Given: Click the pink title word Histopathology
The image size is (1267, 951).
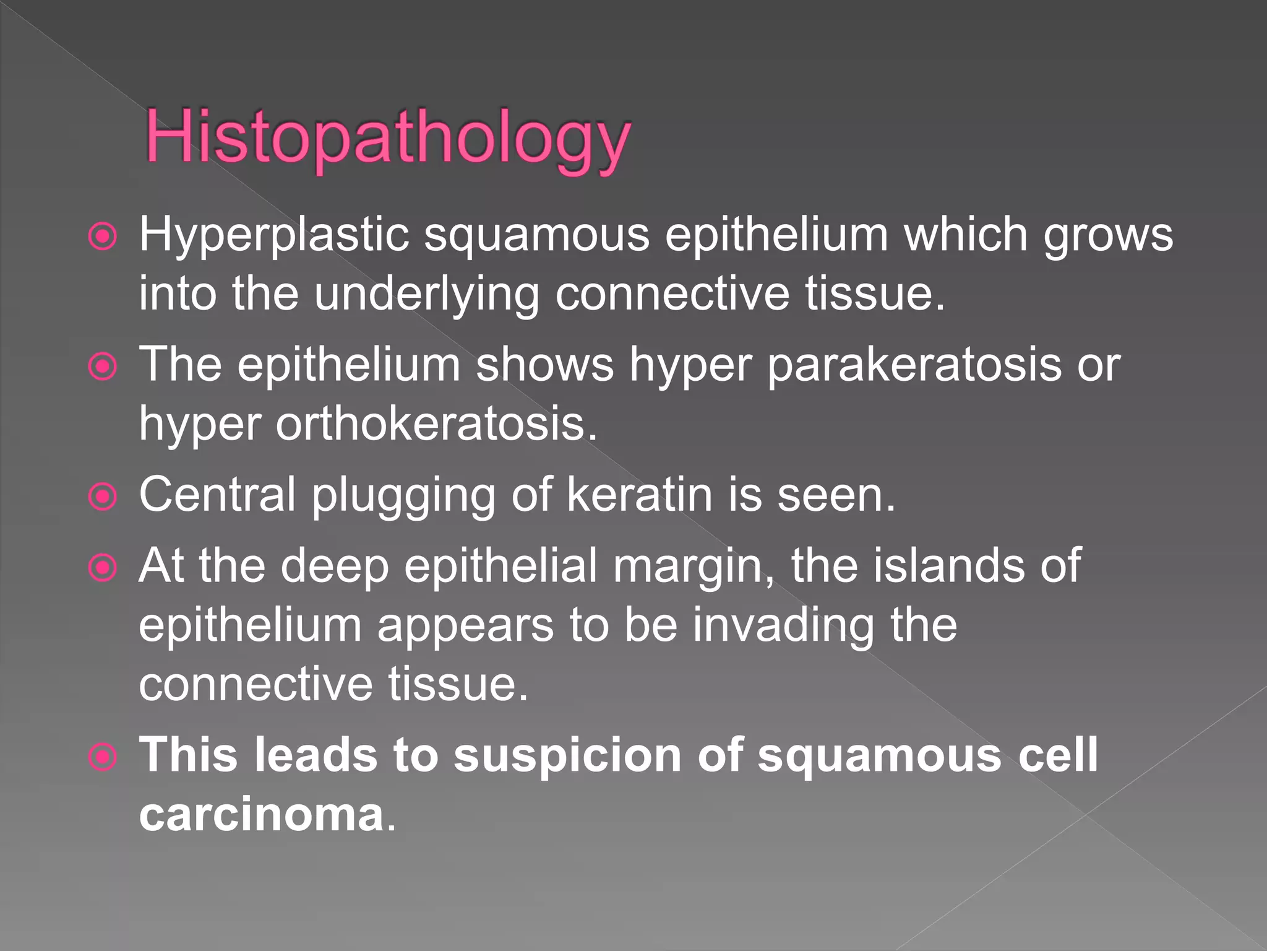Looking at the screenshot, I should pyautogui.click(x=388, y=137).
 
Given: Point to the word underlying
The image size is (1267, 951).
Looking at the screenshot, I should pyautogui.click(x=427, y=294).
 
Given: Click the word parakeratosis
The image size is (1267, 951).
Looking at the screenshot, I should pyautogui.click(x=914, y=365).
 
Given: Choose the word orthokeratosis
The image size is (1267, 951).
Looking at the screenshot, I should pyautogui.click(x=436, y=424).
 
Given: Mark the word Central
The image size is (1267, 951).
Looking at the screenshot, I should pyautogui.click(x=217, y=495).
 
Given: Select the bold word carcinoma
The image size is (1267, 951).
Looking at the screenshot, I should pyautogui.click(x=262, y=815).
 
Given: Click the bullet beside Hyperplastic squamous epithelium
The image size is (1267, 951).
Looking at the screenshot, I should pyautogui.click(x=103, y=237).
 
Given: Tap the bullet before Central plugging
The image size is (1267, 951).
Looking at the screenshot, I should pyautogui.click(x=103, y=497).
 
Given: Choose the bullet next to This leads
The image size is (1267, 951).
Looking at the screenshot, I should pyautogui.click(x=103, y=757).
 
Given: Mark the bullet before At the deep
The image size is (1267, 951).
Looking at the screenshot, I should pyautogui.click(x=103, y=568).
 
